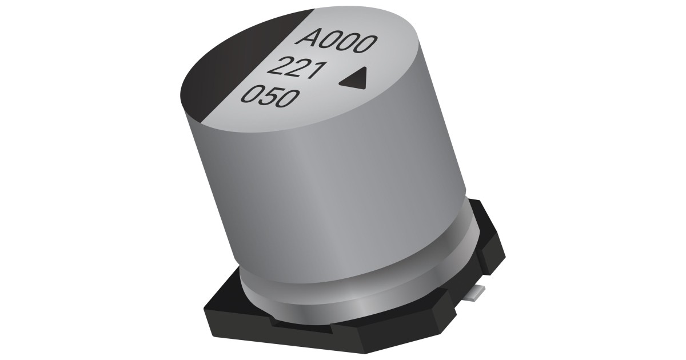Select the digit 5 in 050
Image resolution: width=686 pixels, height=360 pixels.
pyautogui.click(x=268, y=98)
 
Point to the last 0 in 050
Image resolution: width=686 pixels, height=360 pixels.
pyautogui.click(x=288, y=101)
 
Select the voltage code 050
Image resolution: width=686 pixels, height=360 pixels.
pyautogui.click(x=268, y=98)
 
